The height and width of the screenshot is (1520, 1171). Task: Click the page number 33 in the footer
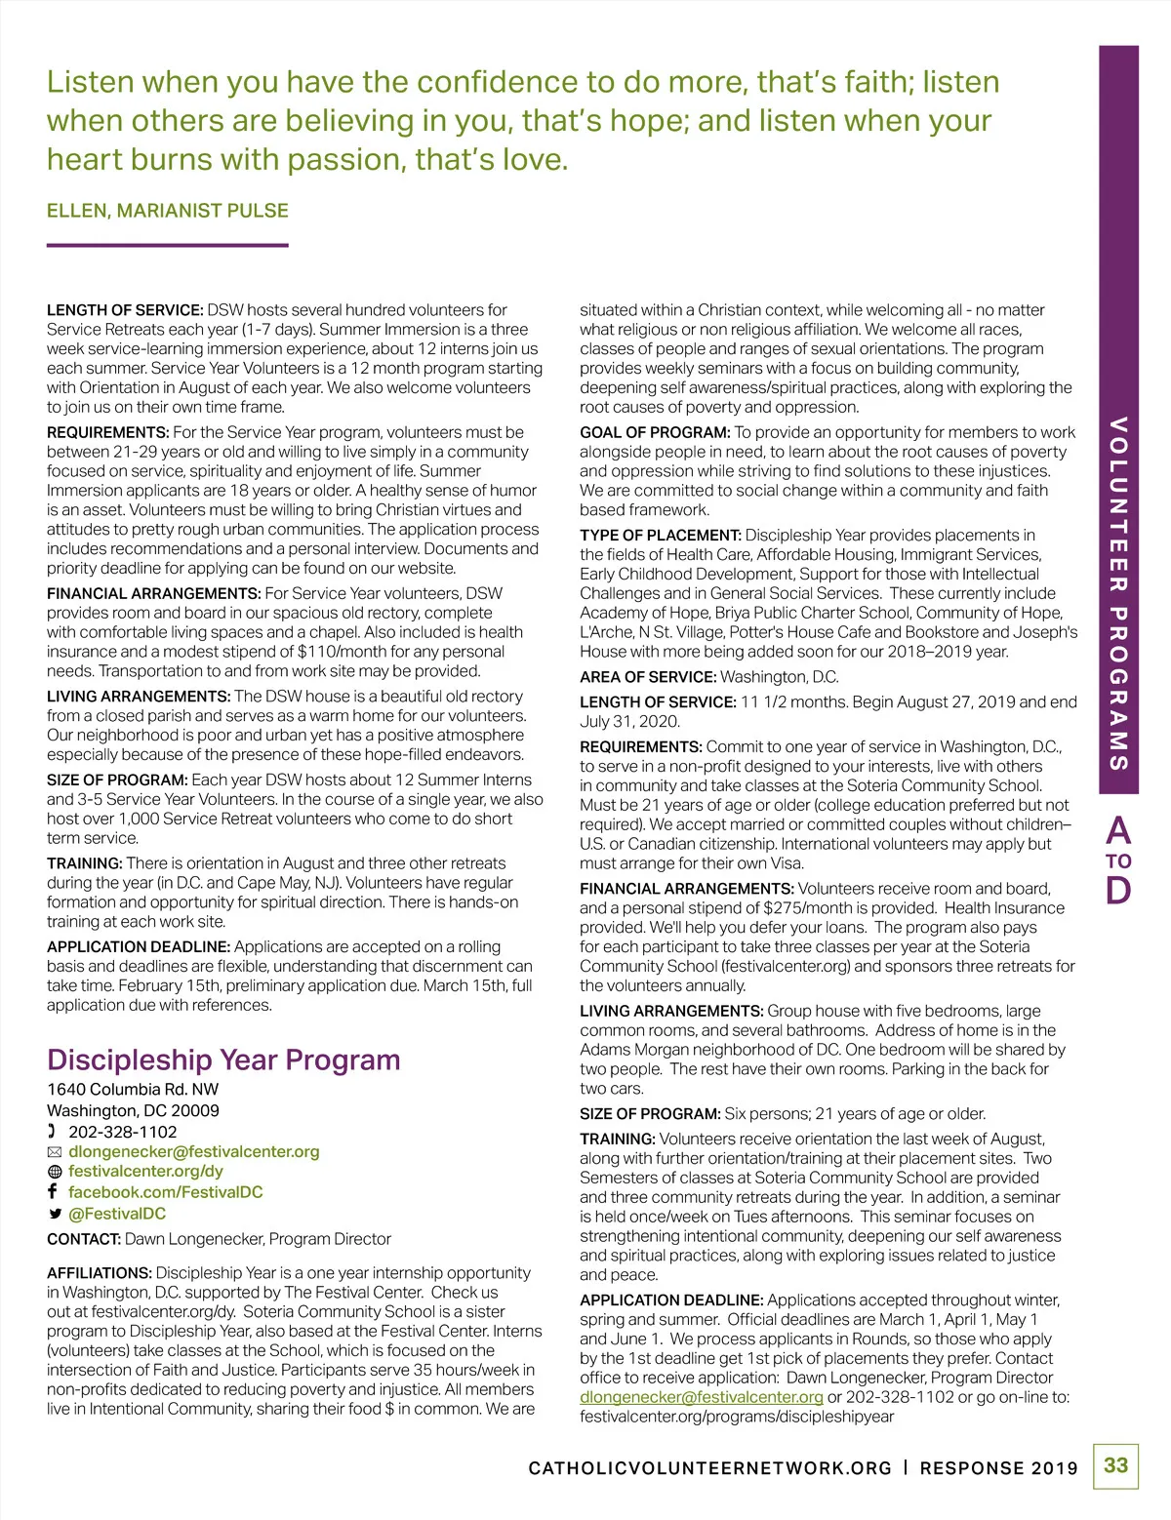[x=1115, y=1465]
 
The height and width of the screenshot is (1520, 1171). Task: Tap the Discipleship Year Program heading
[x=223, y=1060]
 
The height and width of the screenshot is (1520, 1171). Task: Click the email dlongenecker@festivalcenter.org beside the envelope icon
[x=194, y=1151]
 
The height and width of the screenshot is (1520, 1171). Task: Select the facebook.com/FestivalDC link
[x=165, y=1192]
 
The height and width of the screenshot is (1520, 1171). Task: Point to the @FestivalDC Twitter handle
[x=117, y=1214]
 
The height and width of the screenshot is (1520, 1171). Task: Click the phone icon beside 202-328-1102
[x=53, y=1132]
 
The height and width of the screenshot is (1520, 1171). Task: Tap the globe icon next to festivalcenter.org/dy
[x=55, y=1172]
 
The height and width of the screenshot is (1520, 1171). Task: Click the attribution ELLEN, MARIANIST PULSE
[x=168, y=211]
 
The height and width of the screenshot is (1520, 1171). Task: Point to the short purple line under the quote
[x=167, y=245]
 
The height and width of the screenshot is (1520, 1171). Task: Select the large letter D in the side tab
[x=1118, y=891]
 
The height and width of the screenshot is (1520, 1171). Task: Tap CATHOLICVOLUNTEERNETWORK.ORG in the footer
[x=709, y=1468]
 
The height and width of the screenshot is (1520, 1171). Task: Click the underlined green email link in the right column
[x=701, y=1397]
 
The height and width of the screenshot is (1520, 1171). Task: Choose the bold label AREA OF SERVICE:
[x=648, y=677]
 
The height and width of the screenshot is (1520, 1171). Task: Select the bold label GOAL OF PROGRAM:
[x=655, y=432]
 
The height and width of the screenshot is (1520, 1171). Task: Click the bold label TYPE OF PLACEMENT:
[x=661, y=536]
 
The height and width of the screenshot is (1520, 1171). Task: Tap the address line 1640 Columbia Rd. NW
[x=133, y=1089]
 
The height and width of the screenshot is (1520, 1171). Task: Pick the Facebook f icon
[x=53, y=1192]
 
